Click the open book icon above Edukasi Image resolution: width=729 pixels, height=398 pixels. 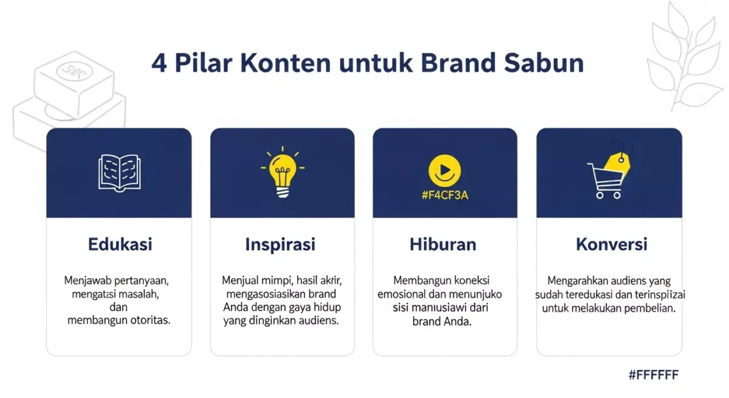tap(119, 172)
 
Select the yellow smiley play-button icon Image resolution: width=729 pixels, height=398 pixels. tap(445, 168)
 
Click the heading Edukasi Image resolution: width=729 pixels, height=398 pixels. tap(120, 244)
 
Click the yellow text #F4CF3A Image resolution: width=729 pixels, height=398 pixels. tap(445, 196)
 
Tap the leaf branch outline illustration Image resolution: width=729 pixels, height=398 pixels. tap(683, 58)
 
